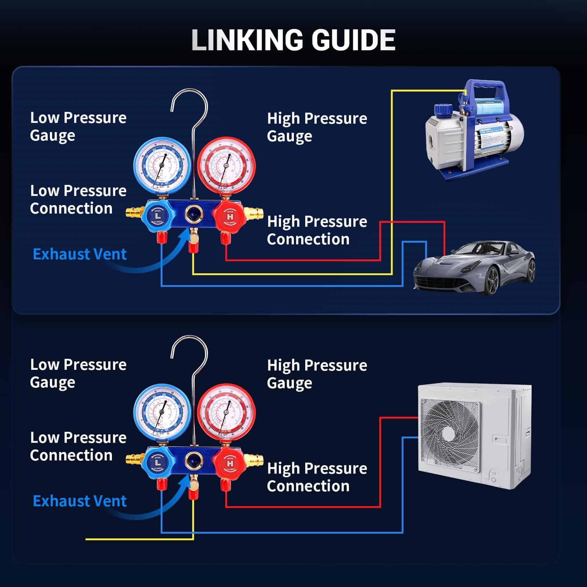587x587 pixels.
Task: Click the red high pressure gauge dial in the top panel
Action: click(x=226, y=165)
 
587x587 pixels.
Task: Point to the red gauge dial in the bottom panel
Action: click(x=226, y=412)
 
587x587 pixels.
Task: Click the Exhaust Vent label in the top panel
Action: click(x=80, y=254)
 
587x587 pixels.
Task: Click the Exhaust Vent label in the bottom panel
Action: click(x=80, y=501)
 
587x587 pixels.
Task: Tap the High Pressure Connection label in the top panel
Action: click(x=317, y=230)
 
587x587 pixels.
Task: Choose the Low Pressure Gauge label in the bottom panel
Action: click(x=78, y=373)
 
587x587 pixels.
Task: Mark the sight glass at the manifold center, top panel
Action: click(x=192, y=214)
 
